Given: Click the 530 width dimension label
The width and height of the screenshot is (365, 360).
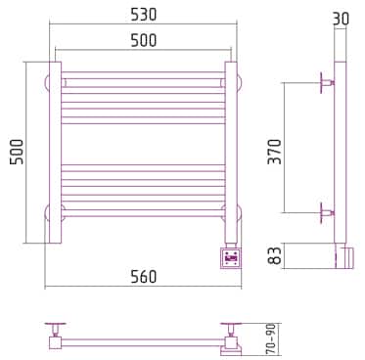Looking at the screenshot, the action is click(144, 15).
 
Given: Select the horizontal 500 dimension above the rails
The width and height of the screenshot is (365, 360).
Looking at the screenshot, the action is click(144, 40).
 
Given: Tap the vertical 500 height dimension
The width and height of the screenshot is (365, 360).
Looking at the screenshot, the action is click(17, 152).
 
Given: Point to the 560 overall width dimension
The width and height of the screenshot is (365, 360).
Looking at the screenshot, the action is click(144, 277).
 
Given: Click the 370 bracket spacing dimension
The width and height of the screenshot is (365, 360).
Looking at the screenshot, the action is click(274, 152).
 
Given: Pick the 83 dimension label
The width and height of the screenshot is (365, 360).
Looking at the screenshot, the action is click(274, 255).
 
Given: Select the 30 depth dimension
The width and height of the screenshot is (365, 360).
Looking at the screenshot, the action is click(341, 19).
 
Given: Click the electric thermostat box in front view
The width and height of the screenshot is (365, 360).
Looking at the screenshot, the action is click(232, 258).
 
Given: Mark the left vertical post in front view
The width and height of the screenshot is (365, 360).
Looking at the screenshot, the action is click(55, 153).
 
